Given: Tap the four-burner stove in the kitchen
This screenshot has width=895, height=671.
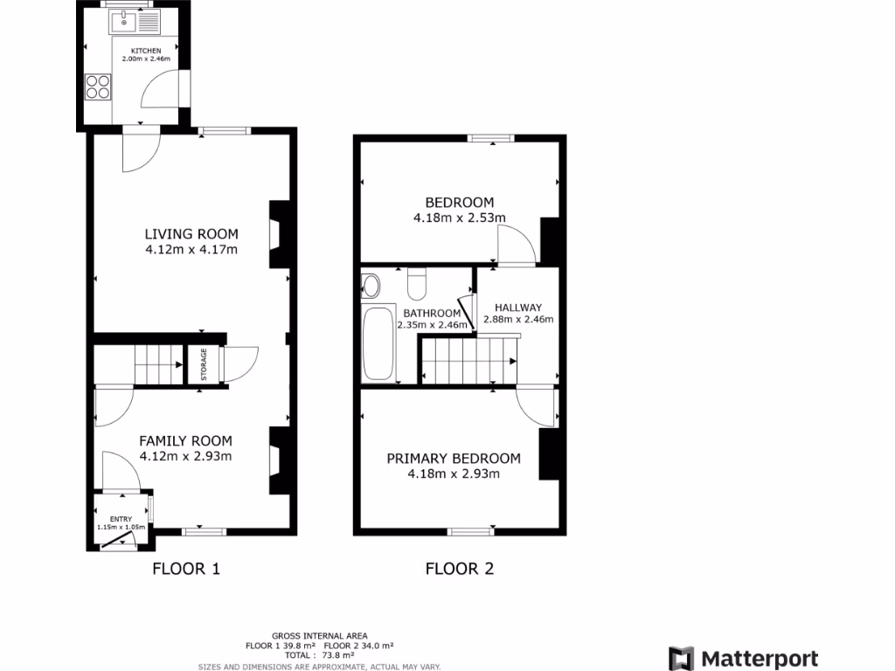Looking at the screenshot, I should click(98, 86).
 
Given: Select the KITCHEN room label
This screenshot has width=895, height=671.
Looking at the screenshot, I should click(147, 51).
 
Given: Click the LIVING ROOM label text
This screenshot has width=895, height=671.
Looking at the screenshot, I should click(191, 233).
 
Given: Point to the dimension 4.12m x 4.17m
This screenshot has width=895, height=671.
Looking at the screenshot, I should click(191, 250).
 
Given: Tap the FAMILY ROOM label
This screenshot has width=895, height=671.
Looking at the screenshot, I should click(186, 440).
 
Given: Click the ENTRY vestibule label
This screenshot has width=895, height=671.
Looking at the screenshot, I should click(121, 519).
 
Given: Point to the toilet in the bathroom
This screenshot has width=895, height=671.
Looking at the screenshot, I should click(416, 282).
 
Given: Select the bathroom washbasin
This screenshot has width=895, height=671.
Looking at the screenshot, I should click(371, 285).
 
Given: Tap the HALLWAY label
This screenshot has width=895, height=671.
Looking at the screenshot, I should click(518, 308).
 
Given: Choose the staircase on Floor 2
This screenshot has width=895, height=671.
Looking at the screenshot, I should click(468, 361).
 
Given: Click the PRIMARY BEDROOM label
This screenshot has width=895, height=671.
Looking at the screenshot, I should click(454, 458).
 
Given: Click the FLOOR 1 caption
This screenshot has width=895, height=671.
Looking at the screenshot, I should click(186, 570).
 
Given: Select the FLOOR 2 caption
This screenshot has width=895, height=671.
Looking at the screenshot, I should click(460, 570).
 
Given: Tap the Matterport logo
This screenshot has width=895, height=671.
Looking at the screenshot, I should click(744, 659).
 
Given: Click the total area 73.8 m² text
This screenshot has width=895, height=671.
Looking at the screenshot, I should click(319, 654).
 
